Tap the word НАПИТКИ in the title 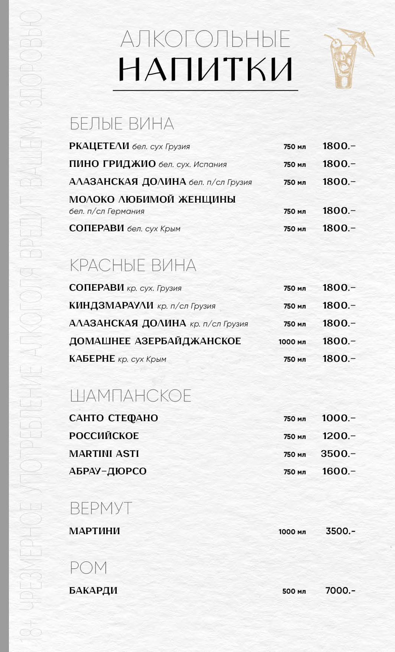[205, 70]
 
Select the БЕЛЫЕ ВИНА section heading [122, 124]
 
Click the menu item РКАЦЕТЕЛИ [99, 146]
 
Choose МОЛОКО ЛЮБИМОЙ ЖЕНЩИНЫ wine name [152, 200]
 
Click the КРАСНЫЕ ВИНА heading [133, 265]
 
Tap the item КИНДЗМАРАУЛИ [111, 306]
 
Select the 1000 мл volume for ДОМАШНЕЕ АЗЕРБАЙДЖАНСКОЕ [292, 342]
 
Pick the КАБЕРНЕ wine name [92, 359]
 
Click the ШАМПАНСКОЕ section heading [130, 396]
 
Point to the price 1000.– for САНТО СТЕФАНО [338, 418]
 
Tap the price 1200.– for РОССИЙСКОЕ [339, 436]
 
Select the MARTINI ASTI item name [104, 454]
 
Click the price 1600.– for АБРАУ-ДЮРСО [339, 471]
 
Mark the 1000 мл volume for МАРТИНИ [292, 532]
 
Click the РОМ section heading [88, 568]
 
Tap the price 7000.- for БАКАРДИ [340, 591]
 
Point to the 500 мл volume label [294, 591]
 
